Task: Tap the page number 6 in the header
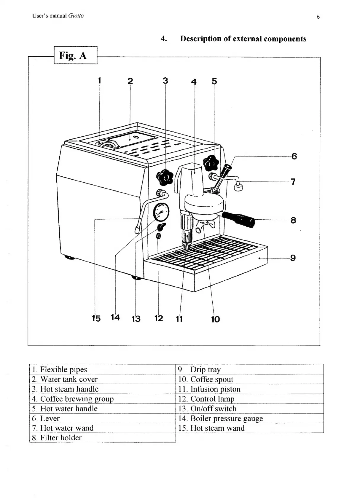pos(318,17)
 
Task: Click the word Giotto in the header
pos(76,16)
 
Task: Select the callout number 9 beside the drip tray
pos(293,258)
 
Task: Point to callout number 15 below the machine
pos(96,319)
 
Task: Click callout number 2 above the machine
pos(130,81)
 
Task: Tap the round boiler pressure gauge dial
pos(161,212)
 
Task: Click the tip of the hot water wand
pos(238,188)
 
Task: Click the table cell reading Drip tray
pos(205,369)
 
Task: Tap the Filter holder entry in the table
pos(60,438)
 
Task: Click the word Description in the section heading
pos(200,39)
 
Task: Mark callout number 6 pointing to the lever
pos(294,156)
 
